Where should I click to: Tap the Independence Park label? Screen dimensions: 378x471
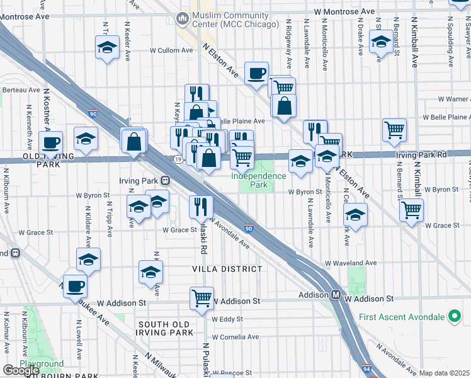pyautogui.click(x=258, y=181)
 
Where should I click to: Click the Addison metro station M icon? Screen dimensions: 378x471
pyautogui.click(x=336, y=295)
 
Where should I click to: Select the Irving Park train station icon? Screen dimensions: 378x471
pyautogui.click(x=165, y=181)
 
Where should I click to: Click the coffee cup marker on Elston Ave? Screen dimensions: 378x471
pyautogui.click(x=256, y=74)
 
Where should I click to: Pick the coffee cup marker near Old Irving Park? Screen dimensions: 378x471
pyautogui.click(x=51, y=142)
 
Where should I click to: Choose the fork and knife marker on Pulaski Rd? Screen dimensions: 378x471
pyautogui.click(x=201, y=206)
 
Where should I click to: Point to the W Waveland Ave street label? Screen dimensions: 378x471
pyautogui.click(x=351, y=263)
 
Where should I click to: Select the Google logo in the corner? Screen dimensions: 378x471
pyautogui.click(x=21, y=370)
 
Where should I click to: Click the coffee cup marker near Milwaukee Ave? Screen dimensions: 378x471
pyautogui.click(x=75, y=286)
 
